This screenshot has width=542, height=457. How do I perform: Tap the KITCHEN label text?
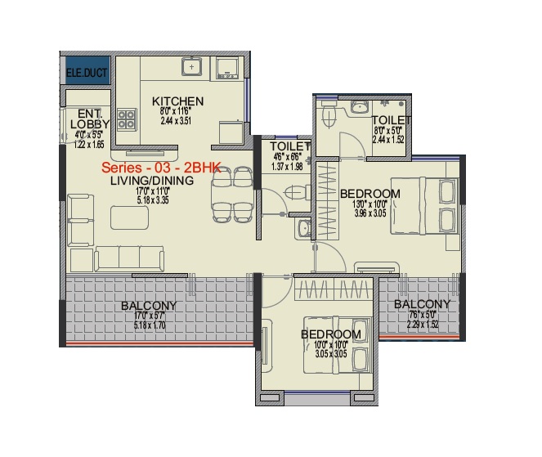(177, 101)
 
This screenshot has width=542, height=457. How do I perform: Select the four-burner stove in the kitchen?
(127, 120)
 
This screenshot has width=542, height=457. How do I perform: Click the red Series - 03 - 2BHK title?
(155, 168)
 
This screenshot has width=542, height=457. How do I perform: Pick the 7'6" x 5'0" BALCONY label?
(421, 304)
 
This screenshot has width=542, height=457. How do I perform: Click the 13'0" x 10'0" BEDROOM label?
(370, 193)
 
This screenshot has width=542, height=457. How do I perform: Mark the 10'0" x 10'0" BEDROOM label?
(330, 334)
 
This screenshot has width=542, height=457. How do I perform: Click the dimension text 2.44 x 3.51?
(177, 121)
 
